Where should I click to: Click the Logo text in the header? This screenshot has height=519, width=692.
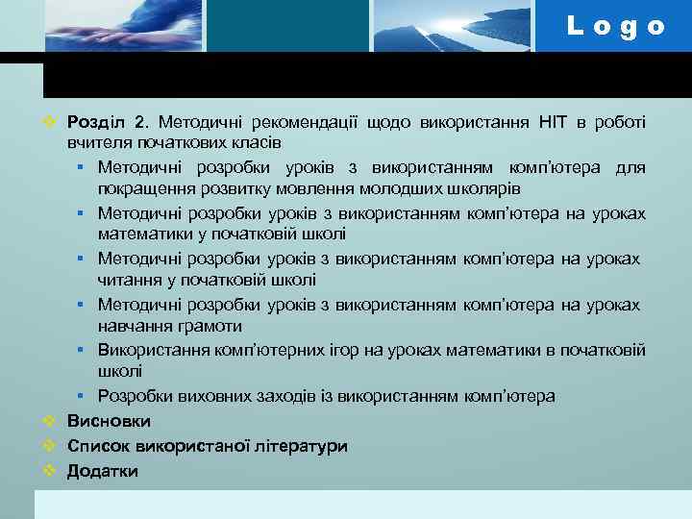[x=616, y=26]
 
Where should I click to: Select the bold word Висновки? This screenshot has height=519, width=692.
[x=109, y=421]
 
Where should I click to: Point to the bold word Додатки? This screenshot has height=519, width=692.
[x=103, y=471]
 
